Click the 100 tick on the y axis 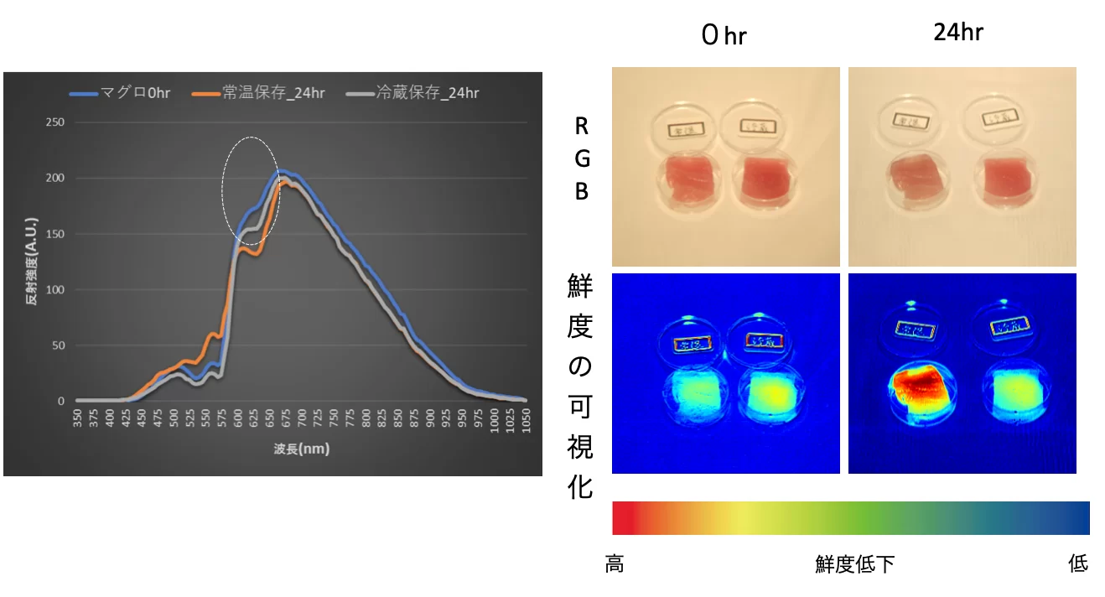click(x=55, y=289)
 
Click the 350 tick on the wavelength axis click(x=76, y=418)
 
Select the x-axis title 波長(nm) click(x=301, y=449)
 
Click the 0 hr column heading click(x=724, y=35)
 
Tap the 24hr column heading click(x=957, y=33)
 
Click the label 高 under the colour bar click(x=615, y=564)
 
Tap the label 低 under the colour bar click(x=1078, y=563)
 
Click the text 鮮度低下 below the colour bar click(x=854, y=564)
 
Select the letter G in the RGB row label click(x=581, y=158)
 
